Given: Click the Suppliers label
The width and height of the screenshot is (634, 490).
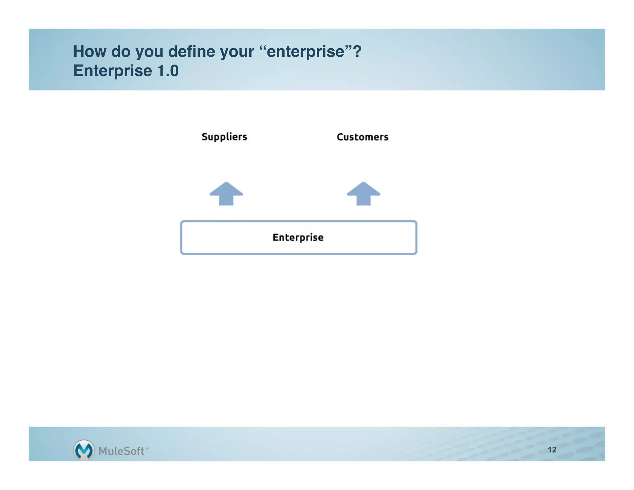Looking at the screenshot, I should coord(224,137).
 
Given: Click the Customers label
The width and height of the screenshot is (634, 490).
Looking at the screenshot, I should coord(362,137).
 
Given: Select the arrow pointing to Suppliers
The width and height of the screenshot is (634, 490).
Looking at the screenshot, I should coord(226,194).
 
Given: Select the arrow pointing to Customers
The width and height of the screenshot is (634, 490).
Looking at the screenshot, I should coord(363,194).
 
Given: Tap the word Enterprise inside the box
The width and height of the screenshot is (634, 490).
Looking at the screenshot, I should coord(298,237).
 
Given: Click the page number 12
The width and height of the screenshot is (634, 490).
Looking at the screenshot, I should coord(552,449).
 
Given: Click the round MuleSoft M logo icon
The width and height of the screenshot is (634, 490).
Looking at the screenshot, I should coord(84,450).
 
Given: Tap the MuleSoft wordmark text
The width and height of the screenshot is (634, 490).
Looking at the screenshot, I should coord(121,451).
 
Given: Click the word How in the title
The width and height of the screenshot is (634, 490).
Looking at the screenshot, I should coord(90,51).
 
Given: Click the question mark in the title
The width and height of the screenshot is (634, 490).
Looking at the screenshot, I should coord(357,51).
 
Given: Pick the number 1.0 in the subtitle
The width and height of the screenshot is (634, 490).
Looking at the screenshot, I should coord(168,71).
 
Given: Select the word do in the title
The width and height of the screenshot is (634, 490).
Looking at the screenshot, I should coord(121,51).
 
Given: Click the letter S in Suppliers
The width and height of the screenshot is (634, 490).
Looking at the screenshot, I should coord(205,137).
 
